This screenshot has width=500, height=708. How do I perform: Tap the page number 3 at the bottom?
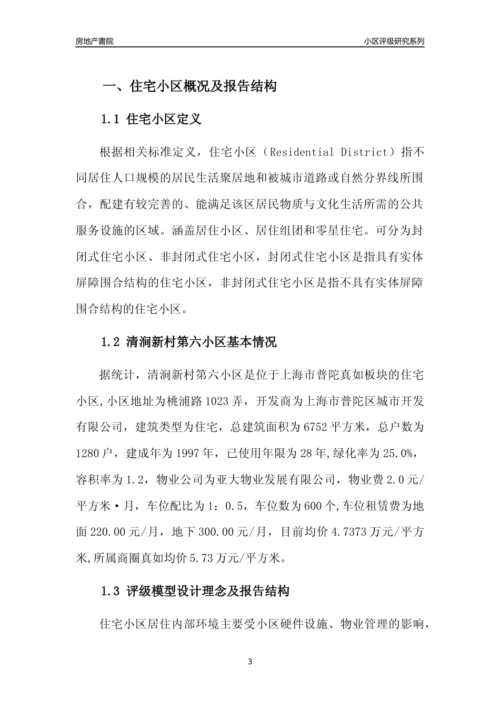(250, 662)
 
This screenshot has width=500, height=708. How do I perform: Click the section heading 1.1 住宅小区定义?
(151, 120)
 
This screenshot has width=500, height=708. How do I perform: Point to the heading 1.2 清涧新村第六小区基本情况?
(189, 342)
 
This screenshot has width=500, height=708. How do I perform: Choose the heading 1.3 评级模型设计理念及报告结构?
(195, 591)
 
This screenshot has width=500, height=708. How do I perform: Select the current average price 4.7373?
(349, 532)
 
